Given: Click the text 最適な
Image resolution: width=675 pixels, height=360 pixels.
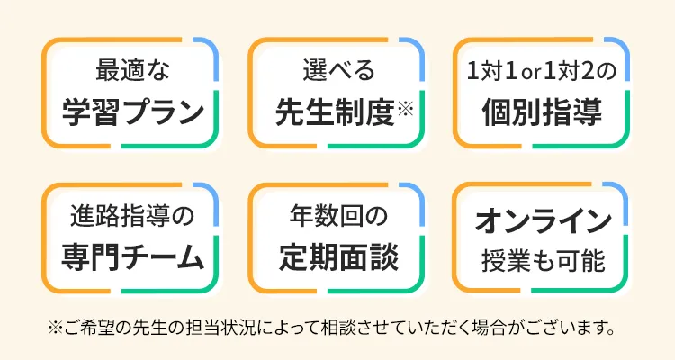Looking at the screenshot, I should pos(131,70).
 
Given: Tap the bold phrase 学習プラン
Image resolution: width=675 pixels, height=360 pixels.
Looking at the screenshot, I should pos(131,112).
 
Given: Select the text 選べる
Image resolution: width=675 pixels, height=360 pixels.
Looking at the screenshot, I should pos(337,70).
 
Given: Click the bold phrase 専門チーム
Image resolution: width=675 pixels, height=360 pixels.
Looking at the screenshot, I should pos(131,257).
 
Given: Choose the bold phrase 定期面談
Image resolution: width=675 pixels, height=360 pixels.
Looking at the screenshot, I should pos(337,257).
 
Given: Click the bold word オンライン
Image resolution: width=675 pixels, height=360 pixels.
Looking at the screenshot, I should pos(542,218).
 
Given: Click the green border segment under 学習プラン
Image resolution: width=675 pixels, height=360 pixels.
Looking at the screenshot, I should pos(171,147).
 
